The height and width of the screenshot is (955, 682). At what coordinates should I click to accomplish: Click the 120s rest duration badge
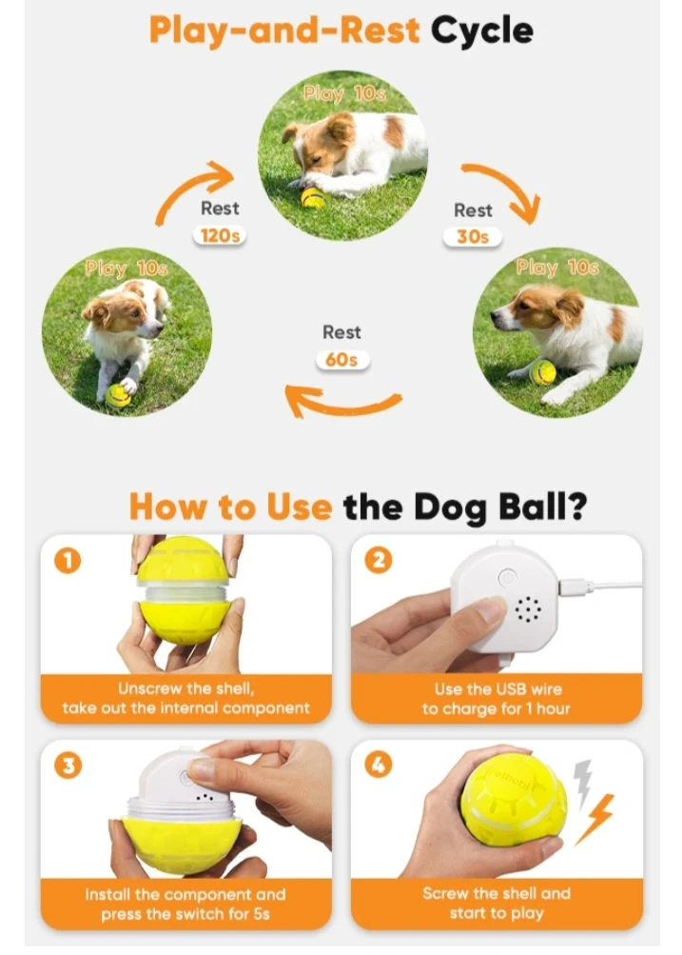coord(220,235)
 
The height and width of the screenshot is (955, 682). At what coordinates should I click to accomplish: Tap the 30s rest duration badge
coord(472,237)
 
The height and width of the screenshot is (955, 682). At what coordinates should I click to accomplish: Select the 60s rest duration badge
coord(341,360)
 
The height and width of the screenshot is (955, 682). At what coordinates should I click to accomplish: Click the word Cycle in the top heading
coord(482,30)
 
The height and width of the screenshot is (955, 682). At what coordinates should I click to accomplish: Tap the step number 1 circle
coord(68,560)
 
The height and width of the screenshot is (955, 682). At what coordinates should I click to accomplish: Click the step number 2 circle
coord(379,560)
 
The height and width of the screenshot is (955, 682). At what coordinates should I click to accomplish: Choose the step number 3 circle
coord(68,765)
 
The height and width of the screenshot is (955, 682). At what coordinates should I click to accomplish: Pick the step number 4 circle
coord(379,765)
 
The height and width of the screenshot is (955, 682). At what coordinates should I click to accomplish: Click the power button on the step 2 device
coord(507,577)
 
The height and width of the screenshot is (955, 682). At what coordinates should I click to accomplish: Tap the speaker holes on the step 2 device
coord(528,609)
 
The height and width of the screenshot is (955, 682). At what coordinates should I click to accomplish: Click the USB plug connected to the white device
coord(574,587)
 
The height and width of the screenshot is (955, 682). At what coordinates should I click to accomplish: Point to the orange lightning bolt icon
coord(595,819)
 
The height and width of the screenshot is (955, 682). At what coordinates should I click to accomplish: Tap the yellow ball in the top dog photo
coord(313,197)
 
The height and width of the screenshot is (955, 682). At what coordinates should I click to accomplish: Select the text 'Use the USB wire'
coord(497,688)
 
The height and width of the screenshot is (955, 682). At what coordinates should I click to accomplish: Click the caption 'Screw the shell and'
coord(497,893)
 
